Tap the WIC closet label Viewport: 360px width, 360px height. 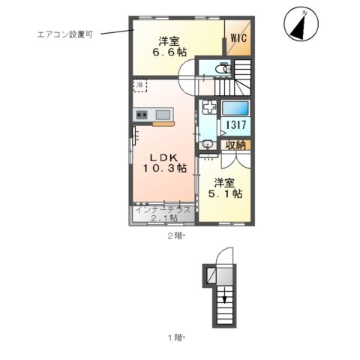coord(239,35)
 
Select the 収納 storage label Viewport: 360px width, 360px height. coord(235,145)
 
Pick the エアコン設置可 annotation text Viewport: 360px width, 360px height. coord(64,34)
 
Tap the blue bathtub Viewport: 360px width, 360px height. coord(234,106)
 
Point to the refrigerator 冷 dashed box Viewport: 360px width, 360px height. coord(140,85)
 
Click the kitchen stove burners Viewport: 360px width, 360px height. coord(142,115)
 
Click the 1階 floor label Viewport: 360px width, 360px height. coord(175,337)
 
